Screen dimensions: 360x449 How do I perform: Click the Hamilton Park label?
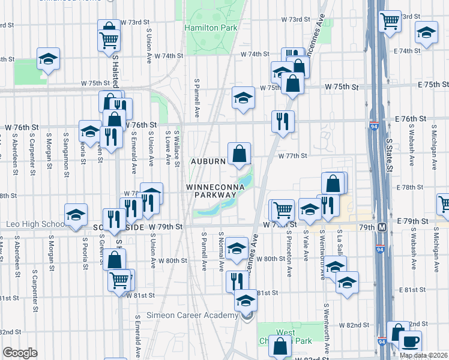[x=211, y=28]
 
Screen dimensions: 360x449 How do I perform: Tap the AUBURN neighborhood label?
[x=208, y=161]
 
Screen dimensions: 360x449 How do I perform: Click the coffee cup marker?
[x=411, y=341]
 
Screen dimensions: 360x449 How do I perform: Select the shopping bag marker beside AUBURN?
[x=239, y=153]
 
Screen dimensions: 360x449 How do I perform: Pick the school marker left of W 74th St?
[x=48, y=59]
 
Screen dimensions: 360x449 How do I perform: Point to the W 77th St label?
[x=293, y=155]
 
